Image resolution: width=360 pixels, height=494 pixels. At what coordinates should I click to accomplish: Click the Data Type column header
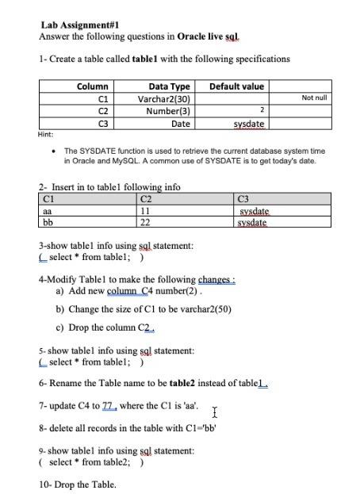click(x=169, y=86)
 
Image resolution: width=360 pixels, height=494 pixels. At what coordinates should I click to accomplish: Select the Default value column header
click(x=236, y=86)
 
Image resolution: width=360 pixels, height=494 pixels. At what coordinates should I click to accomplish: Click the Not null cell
click(x=314, y=98)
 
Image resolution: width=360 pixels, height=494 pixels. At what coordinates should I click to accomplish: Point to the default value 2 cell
click(x=261, y=111)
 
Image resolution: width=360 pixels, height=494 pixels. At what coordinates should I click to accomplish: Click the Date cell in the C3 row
click(x=181, y=124)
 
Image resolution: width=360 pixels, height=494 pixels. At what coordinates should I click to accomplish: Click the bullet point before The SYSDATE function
click(x=52, y=150)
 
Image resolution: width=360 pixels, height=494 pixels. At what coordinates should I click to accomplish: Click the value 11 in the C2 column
click(x=145, y=212)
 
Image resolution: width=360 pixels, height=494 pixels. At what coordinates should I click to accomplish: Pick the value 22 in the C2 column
click(x=145, y=223)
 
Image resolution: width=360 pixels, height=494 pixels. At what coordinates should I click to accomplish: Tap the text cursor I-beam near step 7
click(x=215, y=412)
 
